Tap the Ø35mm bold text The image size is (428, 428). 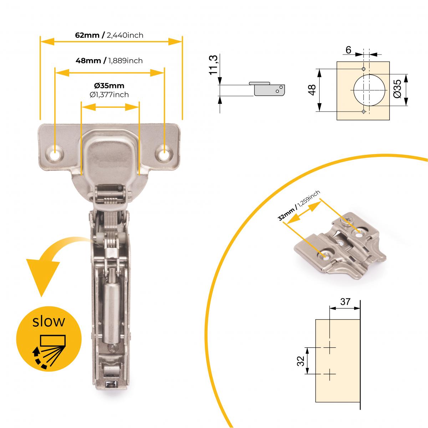click(109, 86)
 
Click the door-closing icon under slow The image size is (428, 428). click(48, 351)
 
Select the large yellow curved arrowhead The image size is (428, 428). click(42, 275)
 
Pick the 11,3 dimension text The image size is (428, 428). click(214, 65)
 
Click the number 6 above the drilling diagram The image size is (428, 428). click(348, 50)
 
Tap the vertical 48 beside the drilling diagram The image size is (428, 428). click(312, 90)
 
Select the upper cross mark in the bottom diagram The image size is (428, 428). click(330, 347)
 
